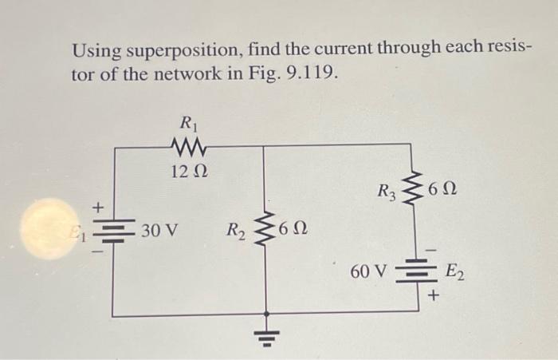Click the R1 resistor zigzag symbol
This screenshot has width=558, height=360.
click(x=189, y=145)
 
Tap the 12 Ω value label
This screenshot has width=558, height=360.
click(x=189, y=169)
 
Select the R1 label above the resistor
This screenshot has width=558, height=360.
click(x=189, y=124)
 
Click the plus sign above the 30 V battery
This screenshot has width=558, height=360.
click(x=100, y=207)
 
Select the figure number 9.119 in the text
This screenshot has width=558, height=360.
click(x=311, y=76)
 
